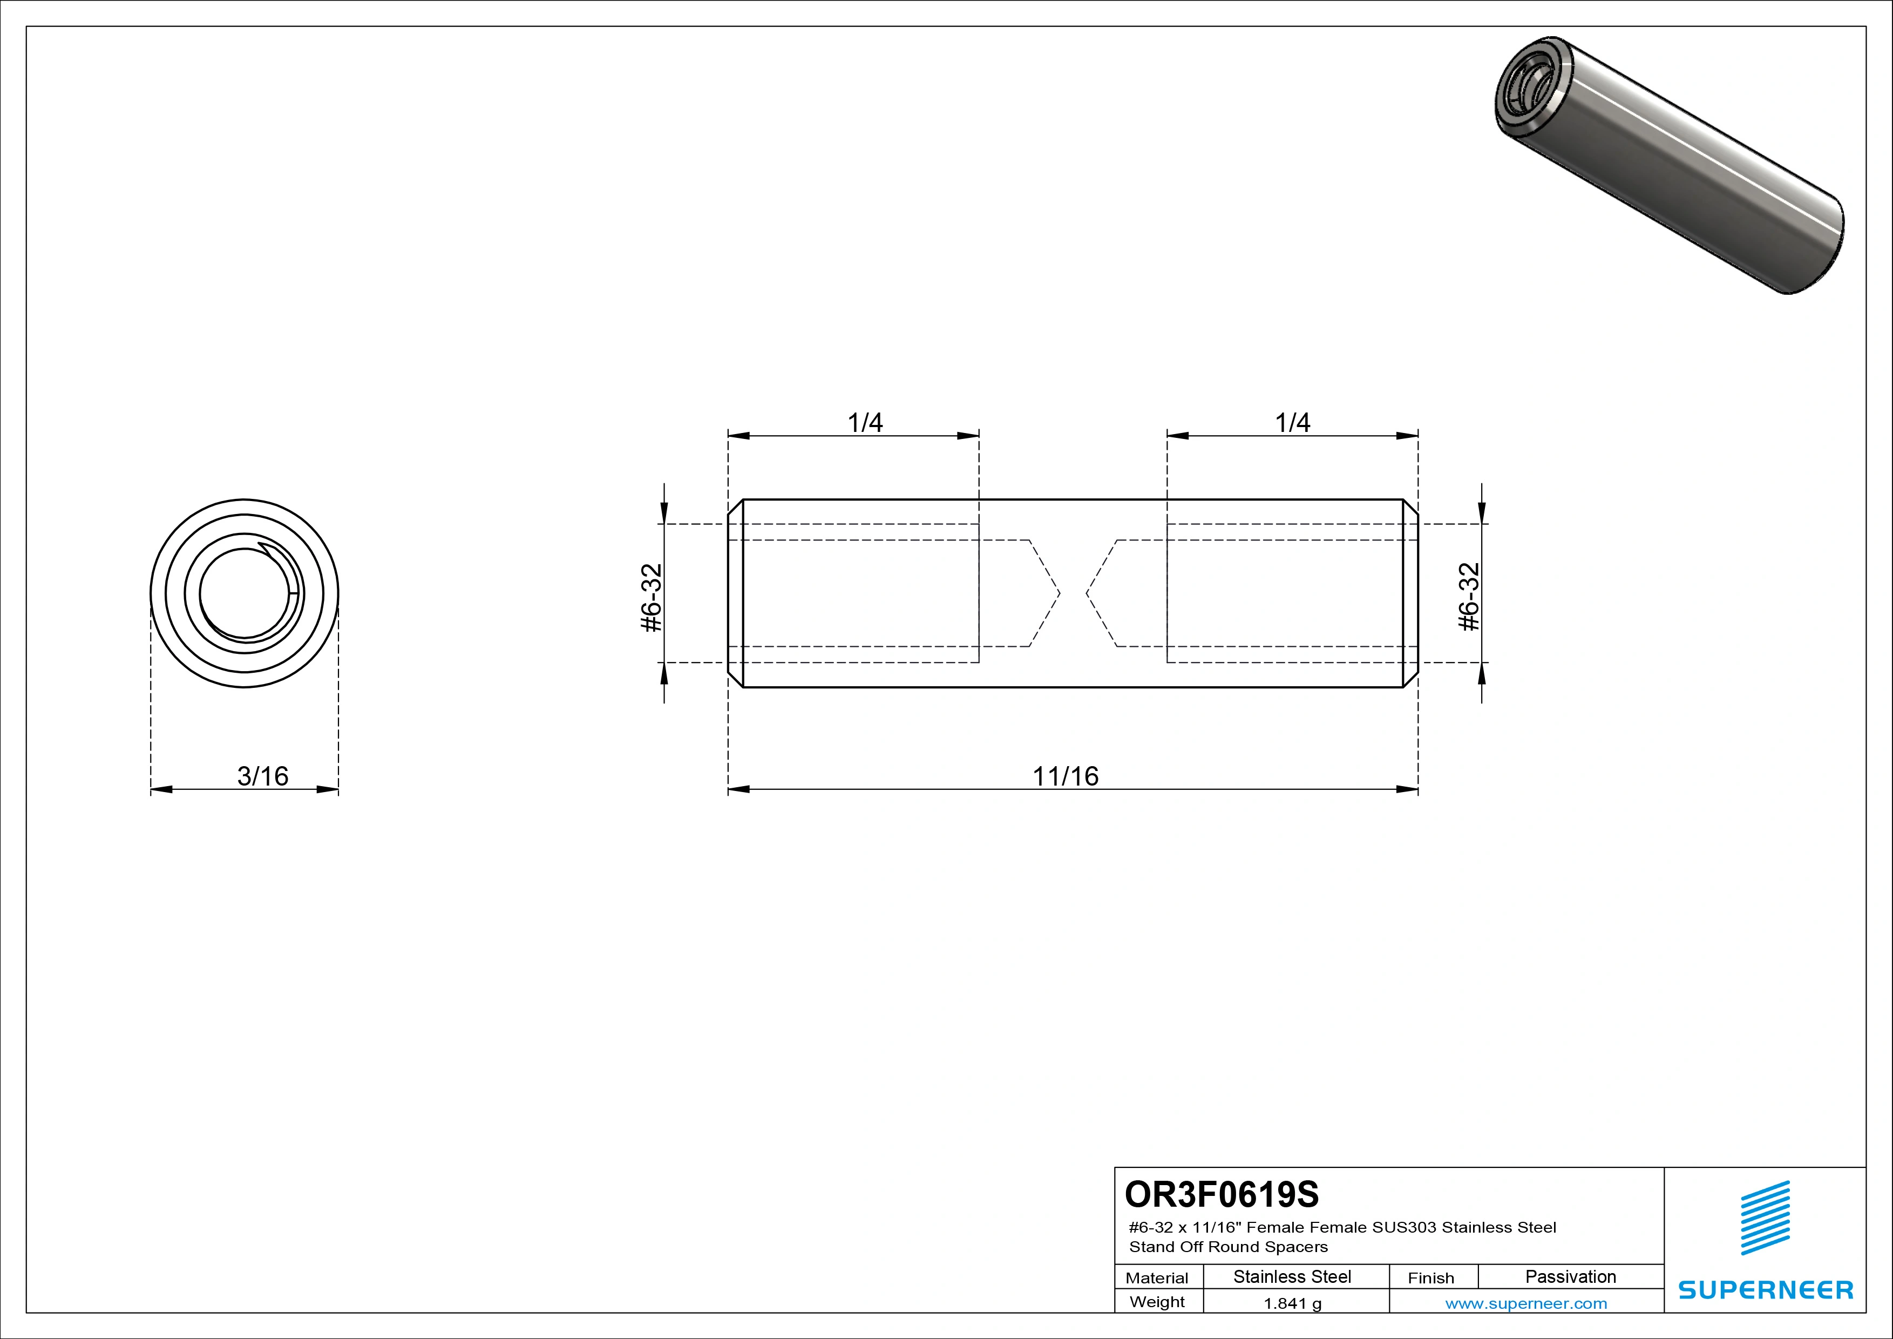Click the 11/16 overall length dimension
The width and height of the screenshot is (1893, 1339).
coord(1065,776)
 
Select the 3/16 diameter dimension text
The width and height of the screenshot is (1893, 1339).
coord(263,776)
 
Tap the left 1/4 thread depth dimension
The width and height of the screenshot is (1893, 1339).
coord(865,423)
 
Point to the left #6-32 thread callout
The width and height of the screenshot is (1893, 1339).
coord(652,598)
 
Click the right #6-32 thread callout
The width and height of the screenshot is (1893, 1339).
coord(1469,598)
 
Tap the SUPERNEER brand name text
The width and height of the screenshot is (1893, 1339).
coord(1765,1289)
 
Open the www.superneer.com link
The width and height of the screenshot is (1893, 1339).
coord(1526,1303)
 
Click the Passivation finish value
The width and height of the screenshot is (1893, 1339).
coord(1571,1276)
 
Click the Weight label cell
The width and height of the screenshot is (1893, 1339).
coord(1158,1302)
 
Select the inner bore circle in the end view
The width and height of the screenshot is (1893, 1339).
coord(245,594)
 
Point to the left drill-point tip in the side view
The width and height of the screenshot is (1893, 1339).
coord(1060,593)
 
